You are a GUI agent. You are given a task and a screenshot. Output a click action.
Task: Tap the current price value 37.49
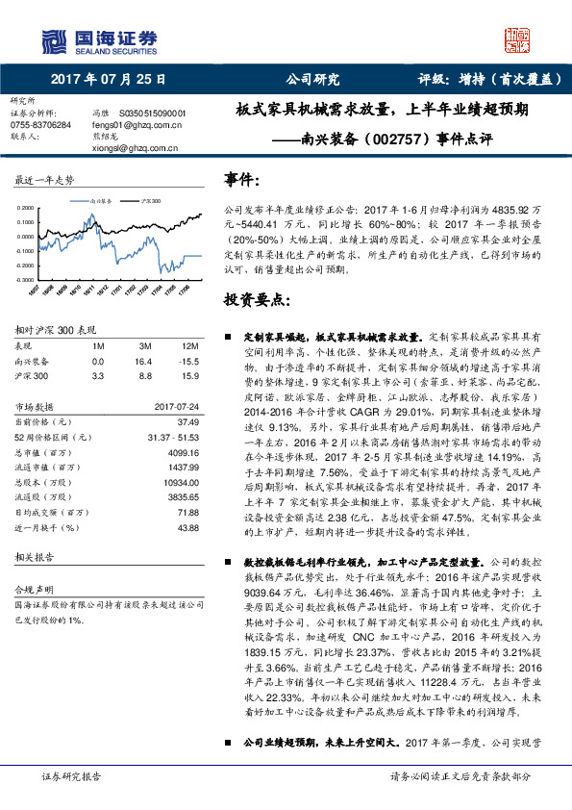[x=187, y=420]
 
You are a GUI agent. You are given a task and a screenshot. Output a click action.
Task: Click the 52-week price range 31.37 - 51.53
[x=173, y=436]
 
